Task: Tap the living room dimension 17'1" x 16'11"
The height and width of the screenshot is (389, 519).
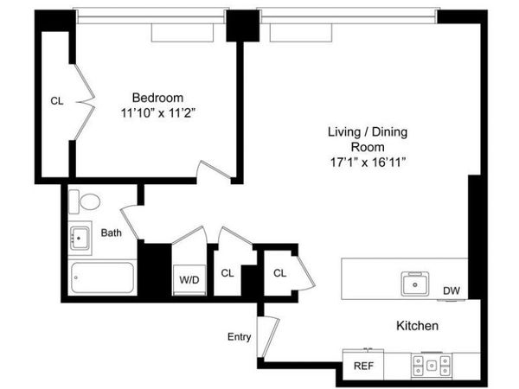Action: [367, 161]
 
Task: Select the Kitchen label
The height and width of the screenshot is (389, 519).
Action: [417, 326]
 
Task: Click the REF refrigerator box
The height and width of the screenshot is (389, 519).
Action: [363, 366]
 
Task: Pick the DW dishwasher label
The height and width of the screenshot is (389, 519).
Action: [452, 291]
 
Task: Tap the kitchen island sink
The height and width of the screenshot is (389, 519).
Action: [415, 284]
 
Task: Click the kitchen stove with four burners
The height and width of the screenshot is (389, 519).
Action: [430, 365]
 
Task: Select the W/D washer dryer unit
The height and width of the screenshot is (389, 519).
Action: [189, 279]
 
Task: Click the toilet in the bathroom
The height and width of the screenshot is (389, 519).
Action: [85, 201]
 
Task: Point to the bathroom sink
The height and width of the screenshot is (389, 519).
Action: [81, 235]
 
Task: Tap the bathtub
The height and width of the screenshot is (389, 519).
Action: [103, 278]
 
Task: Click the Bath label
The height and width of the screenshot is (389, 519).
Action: [111, 233]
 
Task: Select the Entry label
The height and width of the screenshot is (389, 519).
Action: [239, 336]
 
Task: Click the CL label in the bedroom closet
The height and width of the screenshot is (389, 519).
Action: [56, 101]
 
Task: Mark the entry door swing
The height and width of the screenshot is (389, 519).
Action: [269, 337]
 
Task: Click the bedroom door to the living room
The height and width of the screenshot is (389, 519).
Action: [213, 172]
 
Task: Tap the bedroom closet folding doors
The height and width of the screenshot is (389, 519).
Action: [84, 97]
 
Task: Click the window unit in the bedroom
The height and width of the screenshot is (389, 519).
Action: [182, 31]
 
